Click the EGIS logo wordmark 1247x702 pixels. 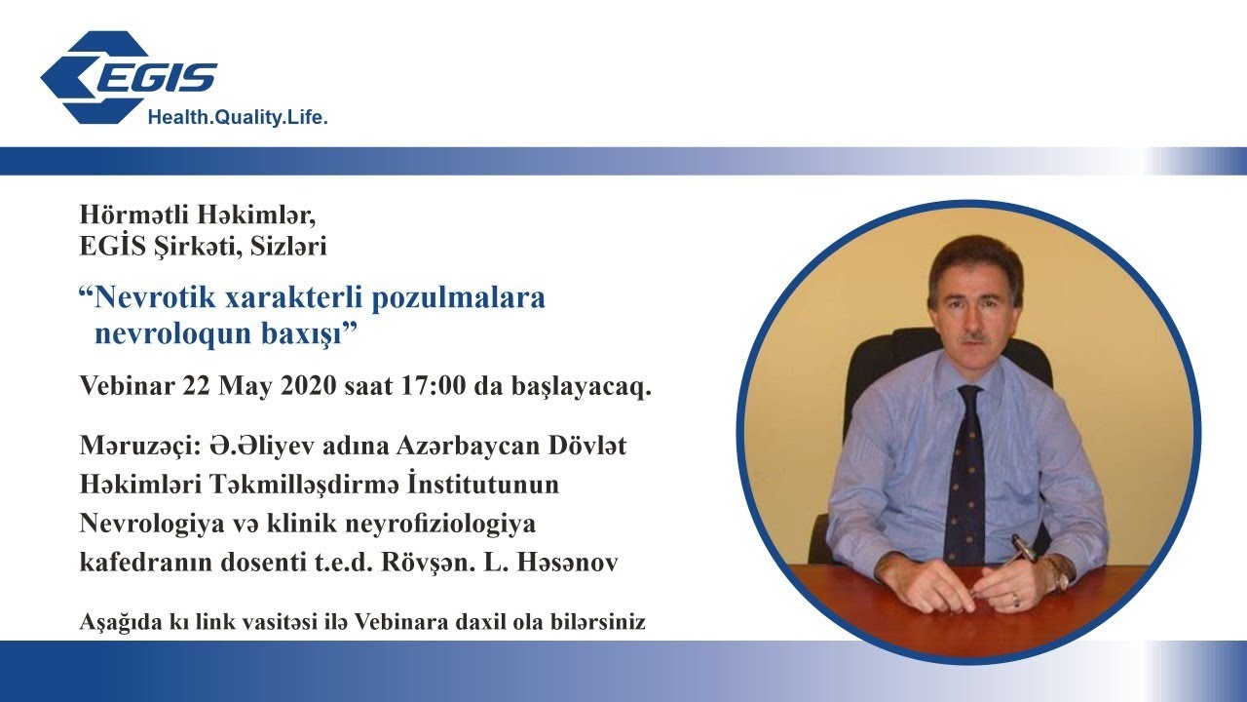pos(156,77)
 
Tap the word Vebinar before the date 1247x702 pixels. pos(126,386)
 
